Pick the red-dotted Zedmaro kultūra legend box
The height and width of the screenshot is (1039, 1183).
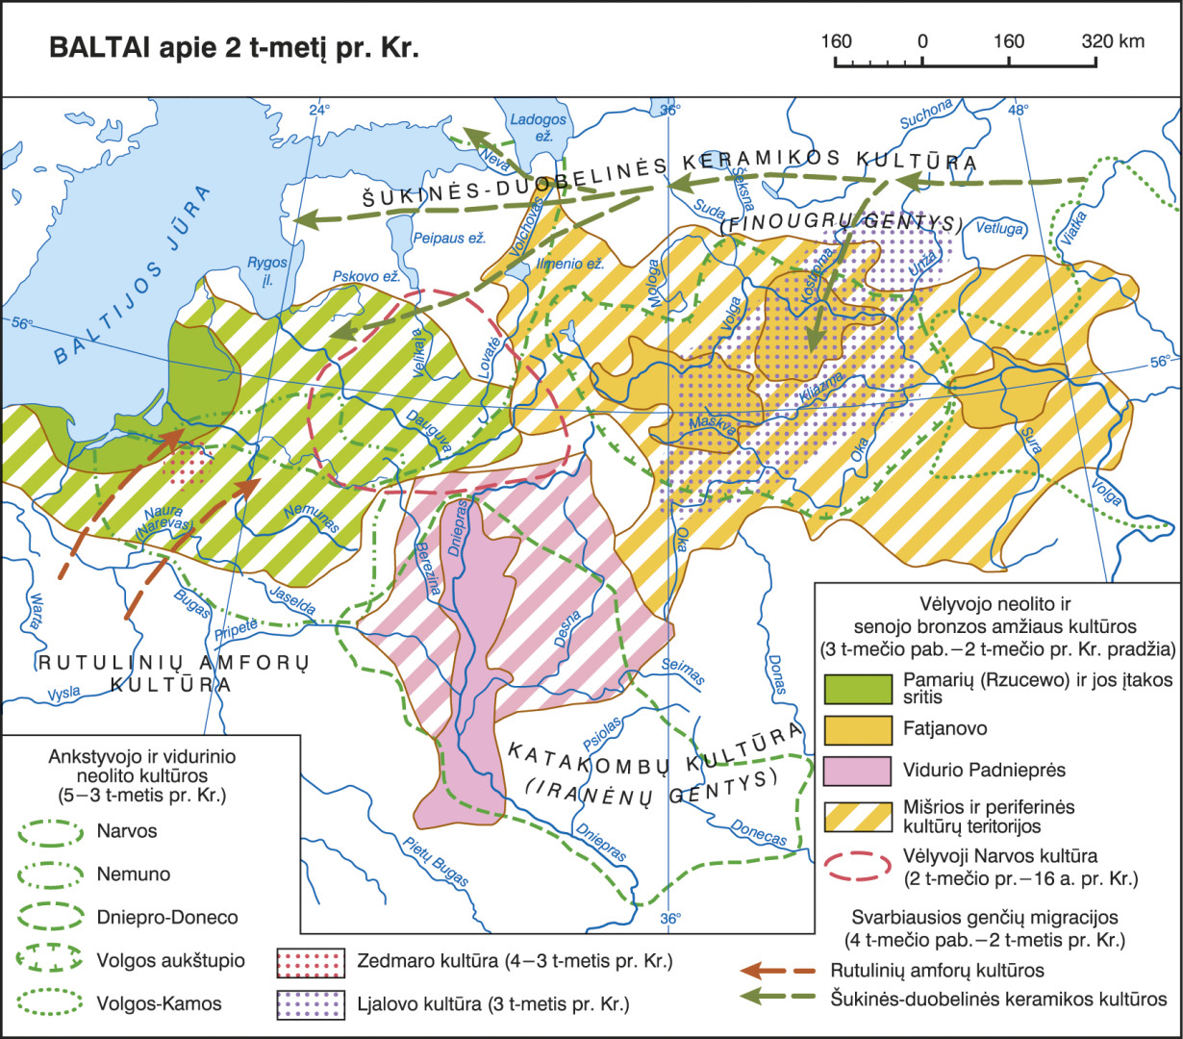pyautogui.click(x=309, y=962)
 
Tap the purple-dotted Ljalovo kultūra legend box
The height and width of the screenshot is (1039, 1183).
pyautogui.click(x=309, y=1004)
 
